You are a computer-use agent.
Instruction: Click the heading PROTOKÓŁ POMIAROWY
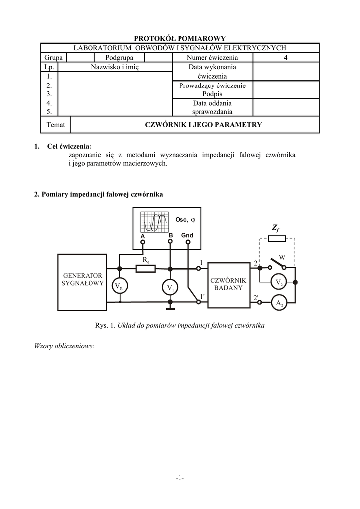pos(180,38)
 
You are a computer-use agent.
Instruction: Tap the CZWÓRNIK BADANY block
pos(228,284)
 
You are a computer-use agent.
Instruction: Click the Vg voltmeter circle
pos(119,287)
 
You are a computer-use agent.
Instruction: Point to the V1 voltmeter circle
pos(170,287)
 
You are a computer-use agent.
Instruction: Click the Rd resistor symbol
pos(146,269)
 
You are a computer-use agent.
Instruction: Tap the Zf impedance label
pos(276,228)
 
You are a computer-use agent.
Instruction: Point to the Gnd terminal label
pos(187,235)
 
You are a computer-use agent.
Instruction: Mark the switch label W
pos(282,257)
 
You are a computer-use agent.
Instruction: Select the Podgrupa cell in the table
pos(119,58)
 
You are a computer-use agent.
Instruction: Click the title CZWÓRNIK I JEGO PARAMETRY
pos(202,125)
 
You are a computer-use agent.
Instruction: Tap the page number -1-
pos(180,478)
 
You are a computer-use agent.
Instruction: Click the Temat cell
pos(55,125)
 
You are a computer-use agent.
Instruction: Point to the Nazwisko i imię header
pos(115,67)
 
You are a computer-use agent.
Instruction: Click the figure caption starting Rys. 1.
pos(180,326)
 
